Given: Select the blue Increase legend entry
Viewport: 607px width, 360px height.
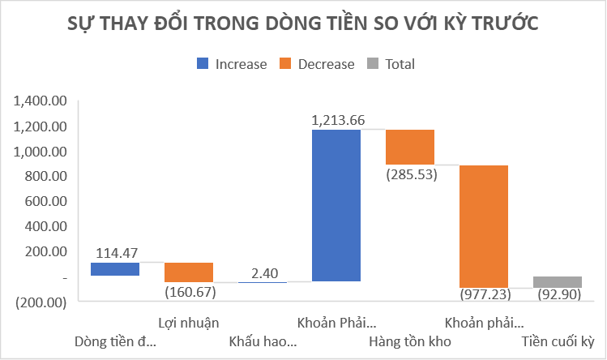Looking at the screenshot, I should tap(231, 64).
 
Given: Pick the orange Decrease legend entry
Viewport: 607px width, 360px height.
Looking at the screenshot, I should tap(317, 64).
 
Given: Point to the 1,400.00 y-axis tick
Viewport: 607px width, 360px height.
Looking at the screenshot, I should tap(39, 101).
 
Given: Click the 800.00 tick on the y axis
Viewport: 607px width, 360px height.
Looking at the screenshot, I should tap(44, 177).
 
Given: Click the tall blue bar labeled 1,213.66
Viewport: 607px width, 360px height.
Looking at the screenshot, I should tap(336, 204).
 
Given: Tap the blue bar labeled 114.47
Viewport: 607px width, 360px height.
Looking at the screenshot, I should tap(115, 268).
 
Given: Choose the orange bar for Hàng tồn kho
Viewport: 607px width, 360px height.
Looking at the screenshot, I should tap(410, 147).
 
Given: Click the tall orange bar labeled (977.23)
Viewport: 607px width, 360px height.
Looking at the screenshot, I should tap(484, 225).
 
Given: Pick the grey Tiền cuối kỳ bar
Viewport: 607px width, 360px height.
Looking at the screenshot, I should tap(558, 281).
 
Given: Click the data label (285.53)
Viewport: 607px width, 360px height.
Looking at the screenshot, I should tap(411, 174).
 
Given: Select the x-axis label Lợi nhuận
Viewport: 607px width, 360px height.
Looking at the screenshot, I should tap(189, 321).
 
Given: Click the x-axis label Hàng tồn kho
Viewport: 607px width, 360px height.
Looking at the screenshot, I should tap(410, 340).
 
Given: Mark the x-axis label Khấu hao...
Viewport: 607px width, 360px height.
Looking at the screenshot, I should tap(263, 340).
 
